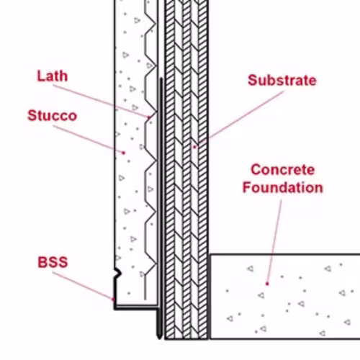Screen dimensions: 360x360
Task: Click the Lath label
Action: pyautogui.click(x=53, y=76)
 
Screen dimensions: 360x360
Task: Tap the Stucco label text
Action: pyautogui.click(x=53, y=116)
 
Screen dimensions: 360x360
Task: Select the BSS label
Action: pyautogui.click(x=53, y=262)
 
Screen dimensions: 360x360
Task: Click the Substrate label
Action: pyautogui.click(x=282, y=80)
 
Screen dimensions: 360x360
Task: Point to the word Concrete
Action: pyautogui.click(x=283, y=170)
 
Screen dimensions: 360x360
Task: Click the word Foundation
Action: pyautogui.click(x=283, y=187)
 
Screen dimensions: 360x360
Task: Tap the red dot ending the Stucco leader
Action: pyautogui.click(x=123, y=153)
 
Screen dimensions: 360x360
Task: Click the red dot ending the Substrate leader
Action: pyautogui.click(x=194, y=147)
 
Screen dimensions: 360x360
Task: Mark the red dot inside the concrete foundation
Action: pyautogui.click(x=267, y=284)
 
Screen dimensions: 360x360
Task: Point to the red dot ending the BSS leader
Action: pyautogui.click(x=114, y=300)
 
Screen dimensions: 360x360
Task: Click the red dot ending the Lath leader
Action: pyautogui.click(x=148, y=117)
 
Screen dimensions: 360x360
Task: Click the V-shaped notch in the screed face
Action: pyautogui.click(x=118, y=273)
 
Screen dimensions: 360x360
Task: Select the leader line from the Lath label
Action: pyautogui.click(x=101, y=102)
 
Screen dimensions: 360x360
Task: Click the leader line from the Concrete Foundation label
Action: pyautogui.click(x=274, y=241)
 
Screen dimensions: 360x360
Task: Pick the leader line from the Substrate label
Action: pyautogui.click(x=239, y=119)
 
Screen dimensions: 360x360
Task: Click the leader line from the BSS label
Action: pyautogui.click(x=83, y=286)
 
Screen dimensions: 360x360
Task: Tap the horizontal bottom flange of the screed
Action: pyautogui.click(x=136, y=307)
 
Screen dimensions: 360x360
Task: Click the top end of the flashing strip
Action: pyautogui.click(x=161, y=78)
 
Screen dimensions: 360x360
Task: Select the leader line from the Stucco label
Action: pyautogui.click(x=88, y=139)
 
